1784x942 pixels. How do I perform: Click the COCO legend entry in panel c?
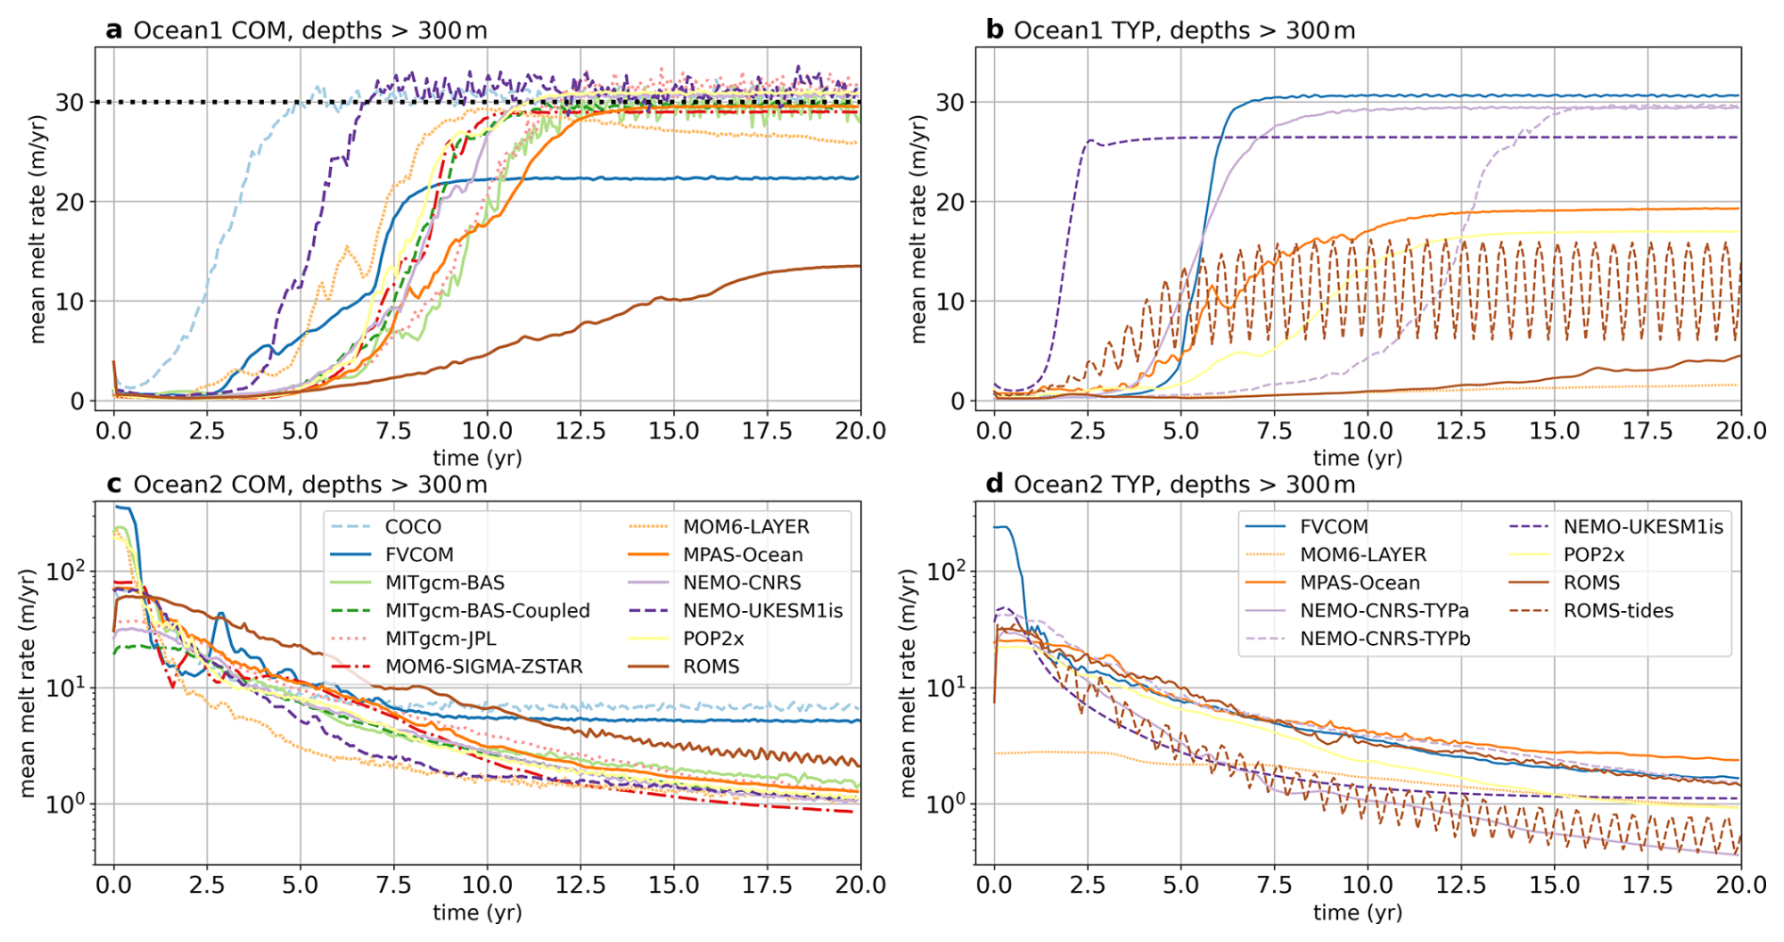click(x=412, y=527)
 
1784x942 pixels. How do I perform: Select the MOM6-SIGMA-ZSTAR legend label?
click(x=484, y=667)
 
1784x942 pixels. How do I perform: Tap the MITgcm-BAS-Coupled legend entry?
click(x=487, y=611)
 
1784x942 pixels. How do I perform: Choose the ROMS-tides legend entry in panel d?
click(x=1618, y=611)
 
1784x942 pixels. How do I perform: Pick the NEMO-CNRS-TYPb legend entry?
click(x=1384, y=638)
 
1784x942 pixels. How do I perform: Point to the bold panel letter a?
click(x=114, y=30)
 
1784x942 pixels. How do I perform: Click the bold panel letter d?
click(x=994, y=485)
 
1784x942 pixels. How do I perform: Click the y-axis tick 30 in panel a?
click(x=70, y=102)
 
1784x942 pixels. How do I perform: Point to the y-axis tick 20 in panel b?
click(x=950, y=202)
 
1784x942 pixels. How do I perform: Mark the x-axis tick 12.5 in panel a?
click(x=580, y=431)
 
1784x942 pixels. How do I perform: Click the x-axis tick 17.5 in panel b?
click(x=1647, y=431)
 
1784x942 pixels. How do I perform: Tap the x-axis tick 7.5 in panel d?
click(x=1274, y=885)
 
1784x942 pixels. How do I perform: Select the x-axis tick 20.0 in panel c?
click(x=860, y=885)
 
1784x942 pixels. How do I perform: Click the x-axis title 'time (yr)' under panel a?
click(x=477, y=458)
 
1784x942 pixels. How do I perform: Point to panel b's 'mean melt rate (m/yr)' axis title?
click(x=918, y=228)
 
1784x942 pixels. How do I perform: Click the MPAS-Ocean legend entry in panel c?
click(x=742, y=555)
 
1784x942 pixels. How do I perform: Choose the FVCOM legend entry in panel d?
click(x=1333, y=527)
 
